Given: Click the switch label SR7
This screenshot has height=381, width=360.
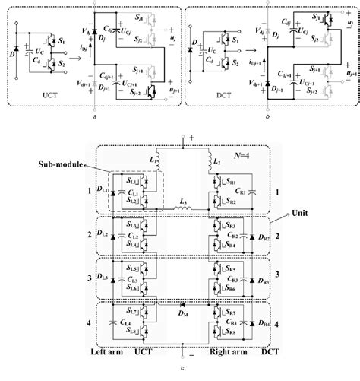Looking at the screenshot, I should coord(230,313).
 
